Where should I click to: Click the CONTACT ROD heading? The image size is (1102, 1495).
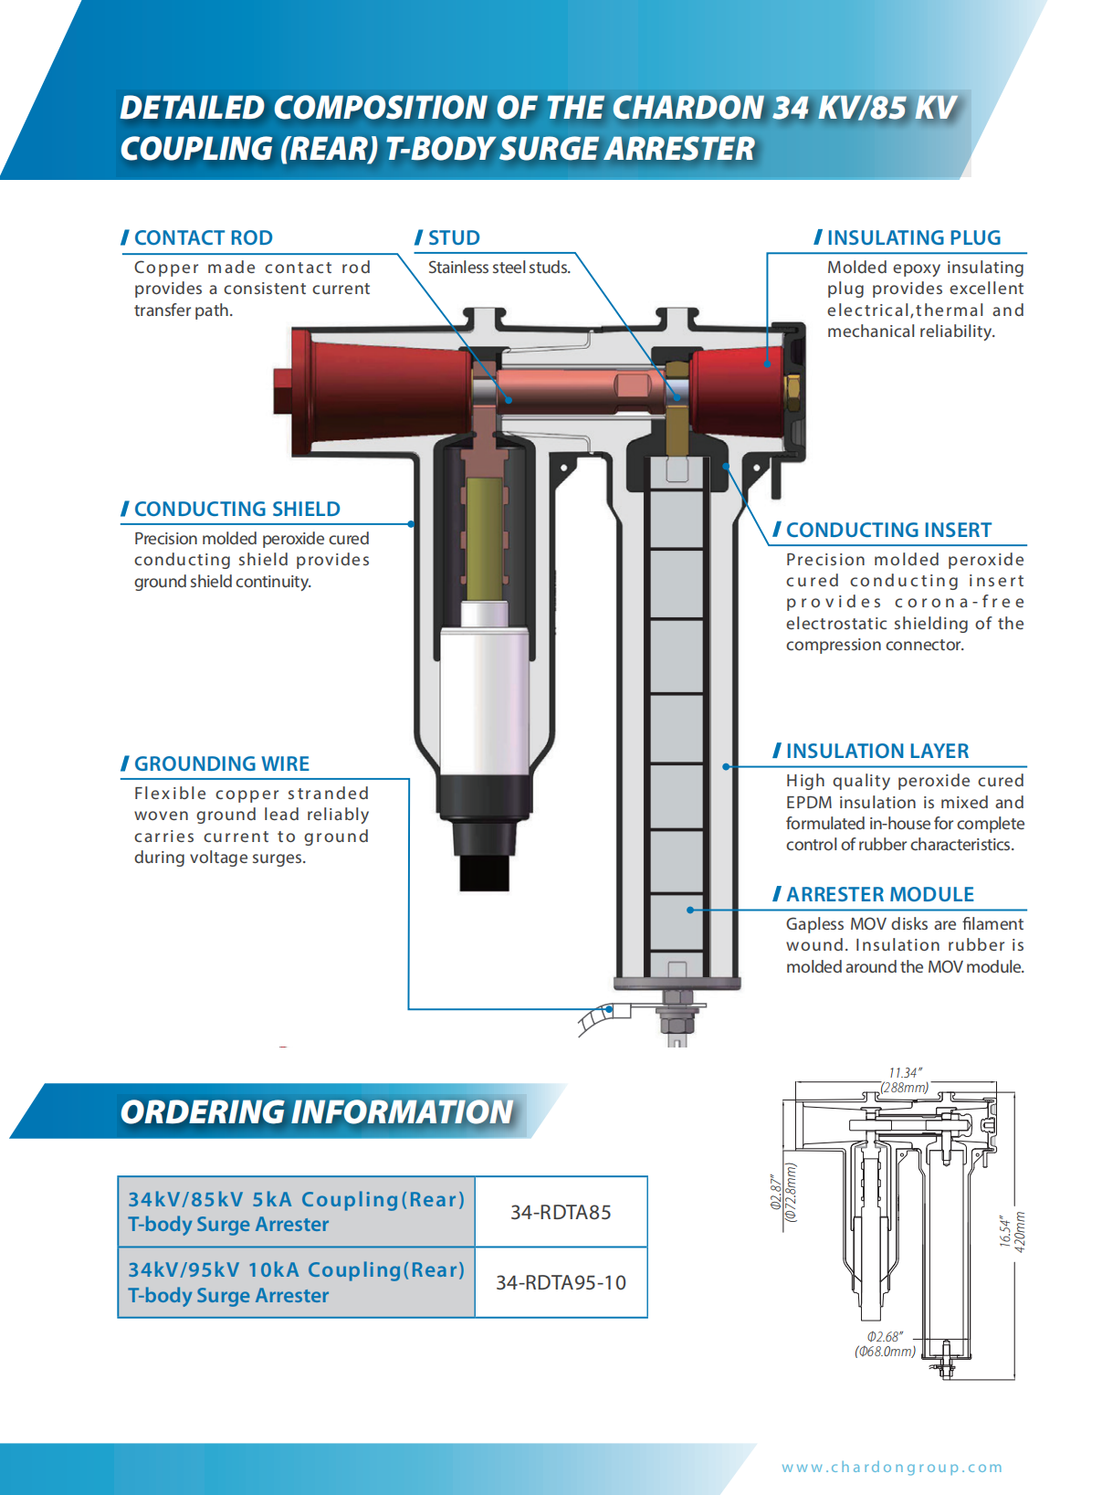(x=203, y=238)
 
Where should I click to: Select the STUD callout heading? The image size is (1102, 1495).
(x=454, y=238)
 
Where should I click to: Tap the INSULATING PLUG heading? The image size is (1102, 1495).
(x=913, y=238)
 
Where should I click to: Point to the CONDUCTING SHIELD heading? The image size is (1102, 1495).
(x=236, y=510)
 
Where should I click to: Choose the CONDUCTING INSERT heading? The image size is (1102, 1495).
(x=888, y=531)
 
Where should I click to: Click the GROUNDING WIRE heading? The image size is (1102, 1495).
(x=221, y=764)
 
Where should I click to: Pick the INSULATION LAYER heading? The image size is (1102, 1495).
(x=876, y=752)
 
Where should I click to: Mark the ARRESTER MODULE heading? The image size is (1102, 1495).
(x=879, y=895)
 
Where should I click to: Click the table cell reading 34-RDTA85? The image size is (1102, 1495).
(x=561, y=1213)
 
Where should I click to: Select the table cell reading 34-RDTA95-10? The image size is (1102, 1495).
(x=561, y=1283)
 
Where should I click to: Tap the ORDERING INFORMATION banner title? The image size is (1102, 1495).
(x=317, y=1112)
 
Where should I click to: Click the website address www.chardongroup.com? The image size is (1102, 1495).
(x=892, y=1468)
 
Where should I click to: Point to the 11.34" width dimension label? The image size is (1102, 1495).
(x=906, y=1073)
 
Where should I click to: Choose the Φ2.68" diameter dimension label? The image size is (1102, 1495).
(x=885, y=1337)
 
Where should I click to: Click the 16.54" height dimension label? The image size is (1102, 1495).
(x=1005, y=1231)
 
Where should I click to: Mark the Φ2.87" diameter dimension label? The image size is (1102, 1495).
(x=776, y=1193)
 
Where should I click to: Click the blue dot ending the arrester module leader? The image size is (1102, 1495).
(x=690, y=911)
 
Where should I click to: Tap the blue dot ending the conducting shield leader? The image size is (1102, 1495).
(x=411, y=524)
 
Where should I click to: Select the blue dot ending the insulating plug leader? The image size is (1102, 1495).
(x=767, y=363)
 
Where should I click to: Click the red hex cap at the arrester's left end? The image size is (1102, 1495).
(x=283, y=390)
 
